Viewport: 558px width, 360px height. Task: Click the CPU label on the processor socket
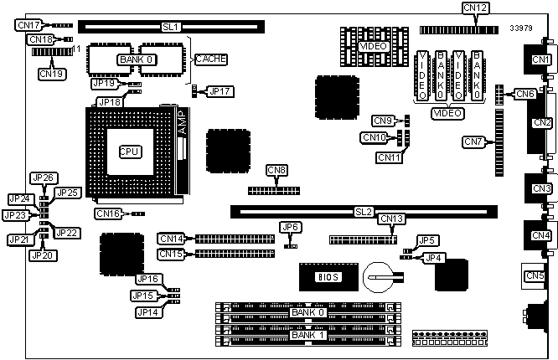click(130, 152)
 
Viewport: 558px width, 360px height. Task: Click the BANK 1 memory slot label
click(305, 335)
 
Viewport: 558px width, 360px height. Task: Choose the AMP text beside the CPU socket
click(186, 122)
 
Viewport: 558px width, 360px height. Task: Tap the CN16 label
click(107, 214)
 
